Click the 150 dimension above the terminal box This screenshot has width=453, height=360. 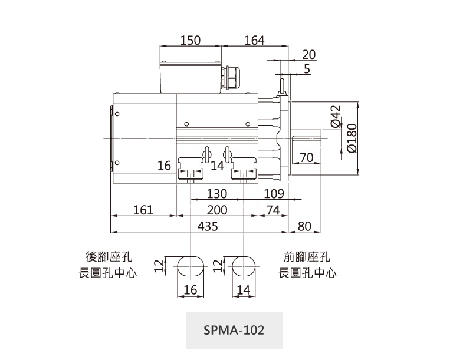pos(191,41)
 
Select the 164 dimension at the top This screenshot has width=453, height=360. pos(255,41)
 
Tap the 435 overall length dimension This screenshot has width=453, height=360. pos(208,226)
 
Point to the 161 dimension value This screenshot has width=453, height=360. pos(143,210)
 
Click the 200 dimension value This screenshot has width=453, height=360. pos(217,210)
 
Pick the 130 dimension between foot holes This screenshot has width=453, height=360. pos(217,194)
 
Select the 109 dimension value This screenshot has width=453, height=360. pos(274,194)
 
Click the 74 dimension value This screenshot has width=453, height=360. pos(273,210)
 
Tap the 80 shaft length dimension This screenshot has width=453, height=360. pos(304,226)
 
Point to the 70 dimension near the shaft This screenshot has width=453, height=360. pos(307,158)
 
